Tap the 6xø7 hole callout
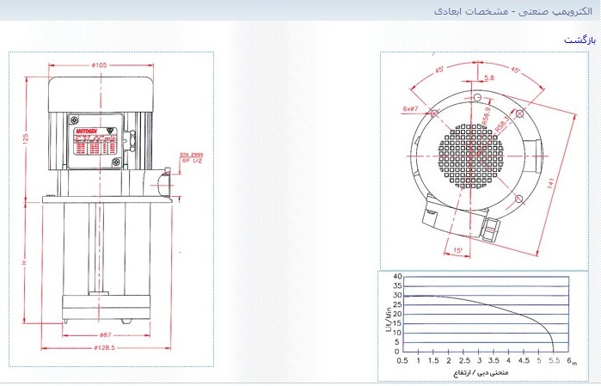(x=411, y=109)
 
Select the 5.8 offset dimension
(x=489, y=78)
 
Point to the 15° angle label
(x=457, y=251)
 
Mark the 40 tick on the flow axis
(x=397, y=277)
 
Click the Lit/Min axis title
(x=386, y=314)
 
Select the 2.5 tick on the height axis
(x=465, y=361)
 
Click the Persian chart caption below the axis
(x=479, y=374)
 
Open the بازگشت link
(x=580, y=40)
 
